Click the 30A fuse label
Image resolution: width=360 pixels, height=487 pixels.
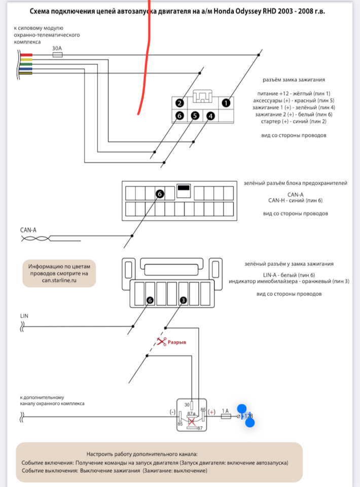(57, 49)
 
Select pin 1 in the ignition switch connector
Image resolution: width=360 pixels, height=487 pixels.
(226, 102)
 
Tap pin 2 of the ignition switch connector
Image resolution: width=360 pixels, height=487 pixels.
(179, 103)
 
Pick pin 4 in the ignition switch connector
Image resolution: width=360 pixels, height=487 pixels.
(211, 116)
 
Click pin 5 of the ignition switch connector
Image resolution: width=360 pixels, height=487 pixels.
(195, 116)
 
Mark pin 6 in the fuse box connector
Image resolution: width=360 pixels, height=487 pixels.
(159, 194)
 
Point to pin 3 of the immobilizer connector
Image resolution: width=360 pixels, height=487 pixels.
(183, 300)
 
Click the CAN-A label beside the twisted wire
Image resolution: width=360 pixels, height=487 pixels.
(28, 230)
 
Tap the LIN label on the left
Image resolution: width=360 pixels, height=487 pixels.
(24, 316)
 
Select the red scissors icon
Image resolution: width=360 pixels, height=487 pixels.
(162, 342)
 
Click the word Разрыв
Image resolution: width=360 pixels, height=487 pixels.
(177, 342)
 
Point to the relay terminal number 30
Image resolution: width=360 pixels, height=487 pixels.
(187, 404)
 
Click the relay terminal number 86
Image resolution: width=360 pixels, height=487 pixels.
(204, 409)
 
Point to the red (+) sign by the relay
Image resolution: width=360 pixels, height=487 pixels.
(212, 412)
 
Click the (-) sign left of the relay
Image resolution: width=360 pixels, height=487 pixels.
(172, 412)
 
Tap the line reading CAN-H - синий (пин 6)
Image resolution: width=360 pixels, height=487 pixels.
(295, 201)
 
